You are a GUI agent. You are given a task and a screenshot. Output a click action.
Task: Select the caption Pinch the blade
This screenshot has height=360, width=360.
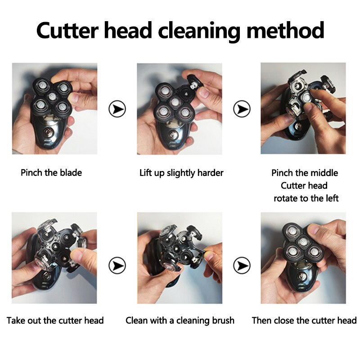(x=51, y=173)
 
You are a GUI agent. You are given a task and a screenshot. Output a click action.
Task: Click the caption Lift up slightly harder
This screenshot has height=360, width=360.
(x=181, y=173)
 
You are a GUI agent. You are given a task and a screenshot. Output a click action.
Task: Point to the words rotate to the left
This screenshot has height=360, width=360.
(x=306, y=198)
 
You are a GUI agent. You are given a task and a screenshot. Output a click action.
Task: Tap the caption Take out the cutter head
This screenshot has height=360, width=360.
(x=55, y=320)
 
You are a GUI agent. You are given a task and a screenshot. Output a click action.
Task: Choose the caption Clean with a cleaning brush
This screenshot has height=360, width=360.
(x=180, y=320)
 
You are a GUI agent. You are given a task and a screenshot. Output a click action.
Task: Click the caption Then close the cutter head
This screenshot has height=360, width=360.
(x=304, y=320)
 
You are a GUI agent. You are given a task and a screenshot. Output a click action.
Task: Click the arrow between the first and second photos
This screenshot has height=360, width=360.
(x=117, y=108)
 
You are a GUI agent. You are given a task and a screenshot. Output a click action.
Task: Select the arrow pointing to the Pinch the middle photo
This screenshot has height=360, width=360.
(x=242, y=108)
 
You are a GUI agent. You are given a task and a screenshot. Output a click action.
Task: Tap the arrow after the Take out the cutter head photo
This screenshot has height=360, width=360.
(x=117, y=265)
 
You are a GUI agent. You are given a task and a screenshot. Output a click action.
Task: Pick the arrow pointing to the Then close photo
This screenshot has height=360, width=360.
(x=242, y=265)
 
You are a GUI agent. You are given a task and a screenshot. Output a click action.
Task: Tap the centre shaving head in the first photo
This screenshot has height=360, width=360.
(x=52, y=96)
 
